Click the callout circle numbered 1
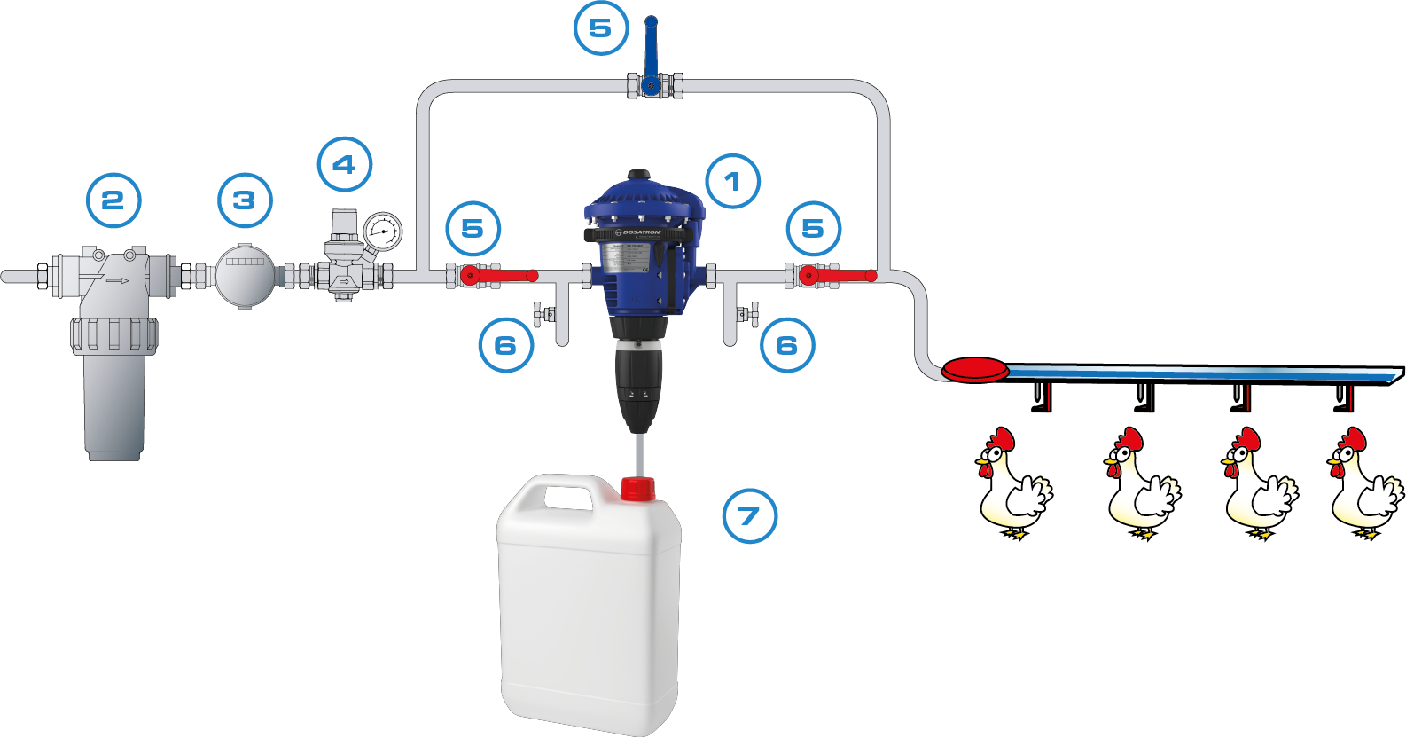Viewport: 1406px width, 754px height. pos(732,182)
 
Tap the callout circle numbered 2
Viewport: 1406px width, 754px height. pos(113,200)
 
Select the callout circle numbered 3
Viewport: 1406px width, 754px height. pos(245,200)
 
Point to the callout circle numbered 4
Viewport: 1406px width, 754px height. pos(344,164)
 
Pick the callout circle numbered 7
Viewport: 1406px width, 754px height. pos(749,515)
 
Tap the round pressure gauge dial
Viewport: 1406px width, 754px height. pos(383,232)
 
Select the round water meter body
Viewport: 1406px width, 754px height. pos(245,275)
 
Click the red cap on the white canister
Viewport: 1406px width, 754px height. pos(637,489)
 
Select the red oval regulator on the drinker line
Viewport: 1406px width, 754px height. pos(974,369)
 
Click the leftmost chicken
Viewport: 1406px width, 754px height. pos(1012,484)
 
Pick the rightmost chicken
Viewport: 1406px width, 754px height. pos(1364,484)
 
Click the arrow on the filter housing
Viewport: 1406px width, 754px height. pos(117,281)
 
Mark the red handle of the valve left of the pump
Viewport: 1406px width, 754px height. pos(505,277)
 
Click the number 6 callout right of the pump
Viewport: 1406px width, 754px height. pos(787,345)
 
